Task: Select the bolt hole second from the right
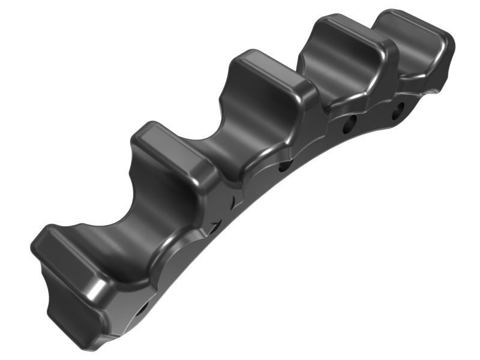(349, 127)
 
